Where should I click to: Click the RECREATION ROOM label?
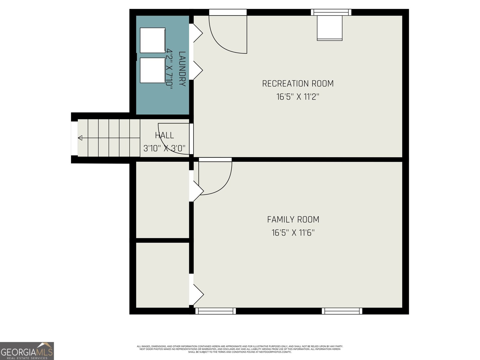tap(298, 83)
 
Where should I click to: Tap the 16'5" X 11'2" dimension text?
tap(298, 97)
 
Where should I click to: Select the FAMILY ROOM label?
tap(293, 220)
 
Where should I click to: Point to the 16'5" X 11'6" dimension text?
tap(293, 233)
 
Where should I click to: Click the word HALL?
tap(164, 135)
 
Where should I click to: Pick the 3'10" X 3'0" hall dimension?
tap(164, 148)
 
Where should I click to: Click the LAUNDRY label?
tap(182, 69)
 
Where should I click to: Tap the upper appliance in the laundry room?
tap(152, 40)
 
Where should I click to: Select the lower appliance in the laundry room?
tap(152, 70)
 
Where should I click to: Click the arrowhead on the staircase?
tap(80, 138)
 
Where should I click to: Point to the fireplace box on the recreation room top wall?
tap(330, 28)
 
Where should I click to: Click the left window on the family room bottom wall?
tap(215, 311)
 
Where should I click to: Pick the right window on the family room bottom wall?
tap(342, 311)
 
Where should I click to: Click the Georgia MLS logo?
tap(27, 351)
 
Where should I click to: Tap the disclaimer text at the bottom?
tap(240, 349)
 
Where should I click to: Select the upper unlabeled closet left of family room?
tap(163, 200)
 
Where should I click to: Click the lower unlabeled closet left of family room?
tap(163, 275)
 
